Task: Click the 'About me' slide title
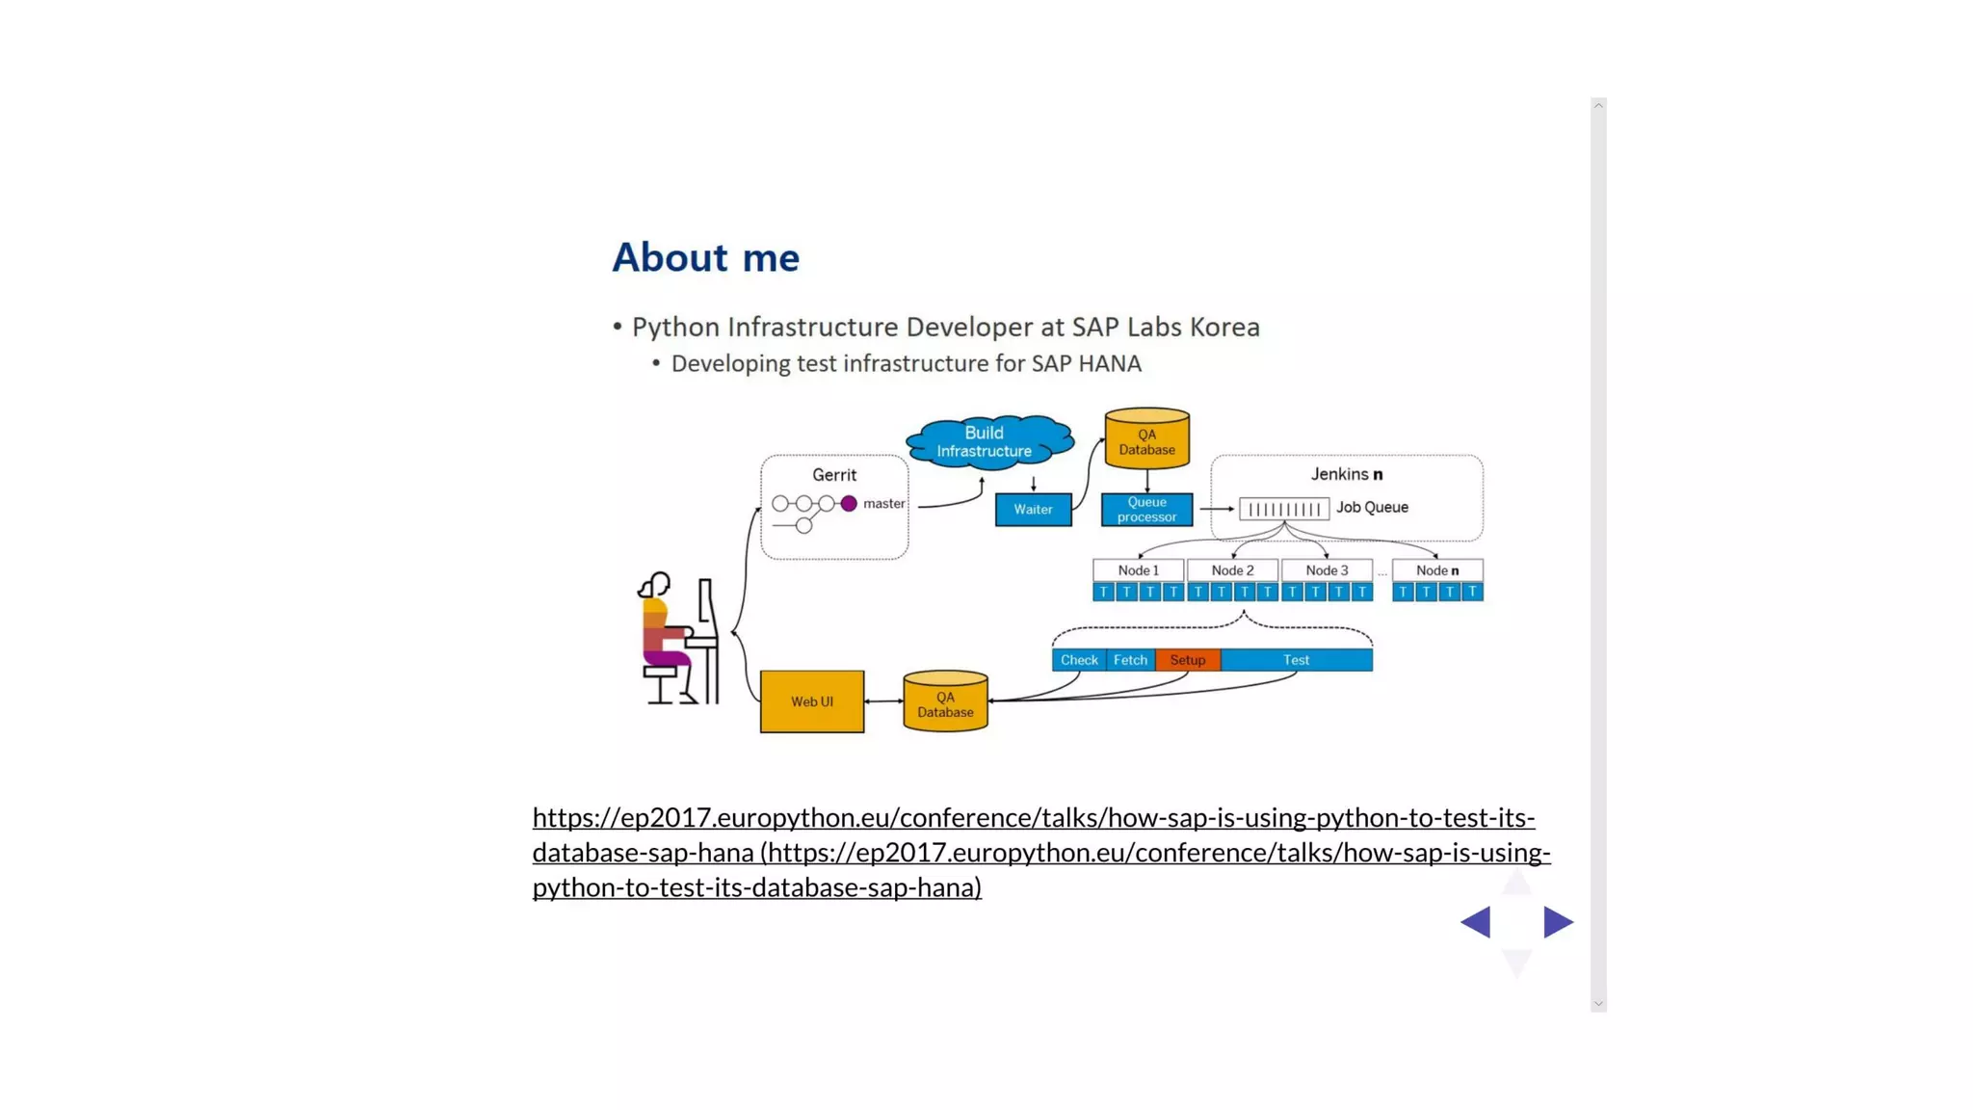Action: point(705,257)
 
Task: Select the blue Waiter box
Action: point(1033,510)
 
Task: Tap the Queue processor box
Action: point(1146,510)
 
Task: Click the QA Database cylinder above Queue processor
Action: point(1146,440)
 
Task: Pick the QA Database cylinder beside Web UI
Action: point(945,702)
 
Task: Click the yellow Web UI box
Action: point(811,701)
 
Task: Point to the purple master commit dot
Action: point(849,504)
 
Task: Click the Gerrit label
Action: point(833,475)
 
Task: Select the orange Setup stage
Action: point(1187,660)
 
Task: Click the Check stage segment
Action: point(1079,660)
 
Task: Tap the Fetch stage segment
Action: point(1130,660)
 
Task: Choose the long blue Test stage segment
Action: point(1296,660)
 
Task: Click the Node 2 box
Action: point(1232,570)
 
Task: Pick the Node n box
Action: point(1436,570)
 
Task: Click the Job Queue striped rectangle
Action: point(1284,509)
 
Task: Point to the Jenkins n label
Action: point(1346,474)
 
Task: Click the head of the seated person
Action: point(656,584)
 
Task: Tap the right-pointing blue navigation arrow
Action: point(1557,922)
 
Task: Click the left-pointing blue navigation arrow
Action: point(1476,922)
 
